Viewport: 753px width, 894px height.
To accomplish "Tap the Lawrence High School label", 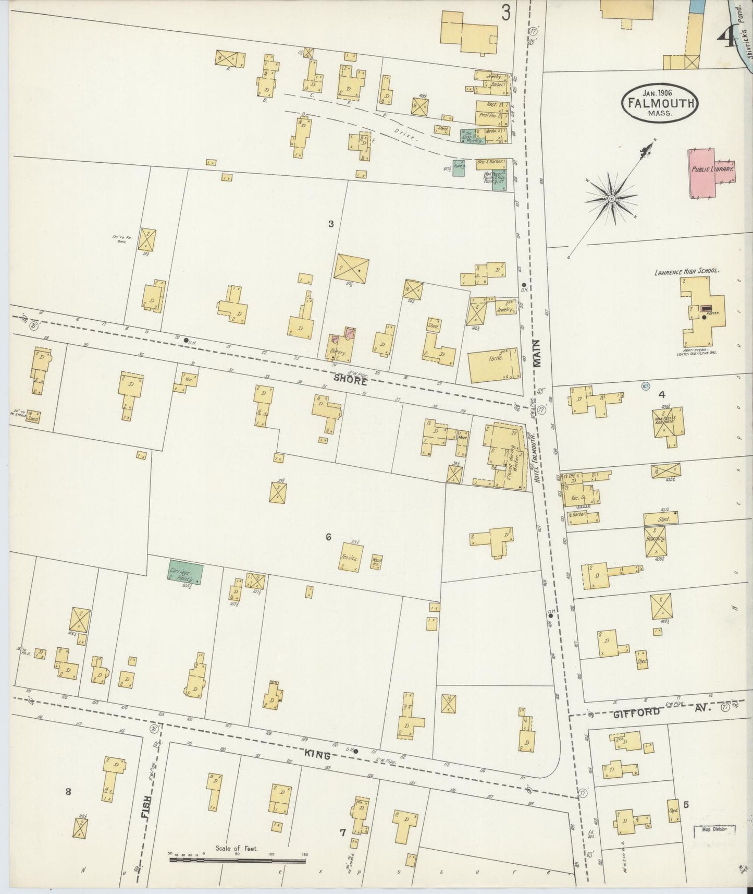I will (x=687, y=271).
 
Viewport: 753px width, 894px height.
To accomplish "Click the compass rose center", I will (x=611, y=199).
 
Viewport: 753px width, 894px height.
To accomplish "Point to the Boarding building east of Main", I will (x=658, y=541).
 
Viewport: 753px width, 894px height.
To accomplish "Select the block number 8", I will (x=68, y=792).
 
